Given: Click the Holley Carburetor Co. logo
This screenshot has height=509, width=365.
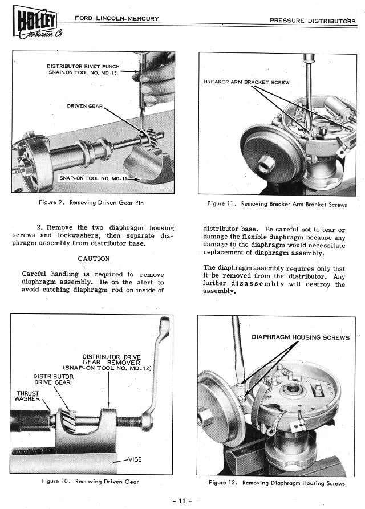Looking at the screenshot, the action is coord(37,25).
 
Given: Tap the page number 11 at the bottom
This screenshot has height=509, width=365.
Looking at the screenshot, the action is coord(182,500).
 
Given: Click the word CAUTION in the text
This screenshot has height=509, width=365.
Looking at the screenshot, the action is coord(94,259).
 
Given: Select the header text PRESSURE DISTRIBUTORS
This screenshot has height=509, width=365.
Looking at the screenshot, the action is coord(313,21).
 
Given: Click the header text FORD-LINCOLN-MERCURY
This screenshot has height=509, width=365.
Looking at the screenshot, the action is coord(117,18).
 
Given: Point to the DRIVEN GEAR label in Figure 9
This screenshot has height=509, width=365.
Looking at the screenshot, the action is coord(84,106).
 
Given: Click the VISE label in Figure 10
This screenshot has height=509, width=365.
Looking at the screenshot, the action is coord(135,459).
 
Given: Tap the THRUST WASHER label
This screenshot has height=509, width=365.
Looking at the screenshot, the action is coord(27,396).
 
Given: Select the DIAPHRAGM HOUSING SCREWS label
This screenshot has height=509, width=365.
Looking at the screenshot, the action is coord(301,337).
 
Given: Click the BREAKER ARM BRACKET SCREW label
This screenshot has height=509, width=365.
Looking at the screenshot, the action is coord(246,82).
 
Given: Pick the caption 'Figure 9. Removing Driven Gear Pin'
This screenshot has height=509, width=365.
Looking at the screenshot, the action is coord(91,202).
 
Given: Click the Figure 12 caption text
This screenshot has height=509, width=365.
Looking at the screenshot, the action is coord(277,483).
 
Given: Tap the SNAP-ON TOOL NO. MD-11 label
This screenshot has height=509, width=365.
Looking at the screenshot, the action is coord(94,178).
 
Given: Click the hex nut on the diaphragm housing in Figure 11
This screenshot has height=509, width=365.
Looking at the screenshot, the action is coord(266,165).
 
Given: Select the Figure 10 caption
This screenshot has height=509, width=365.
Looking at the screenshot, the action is coord(90,482).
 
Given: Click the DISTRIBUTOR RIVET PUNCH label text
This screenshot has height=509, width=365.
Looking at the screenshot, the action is coord(83,66).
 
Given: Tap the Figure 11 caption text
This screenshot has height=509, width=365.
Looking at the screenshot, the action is coord(277,204).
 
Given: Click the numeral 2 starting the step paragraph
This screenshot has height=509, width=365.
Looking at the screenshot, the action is coord(39,227).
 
